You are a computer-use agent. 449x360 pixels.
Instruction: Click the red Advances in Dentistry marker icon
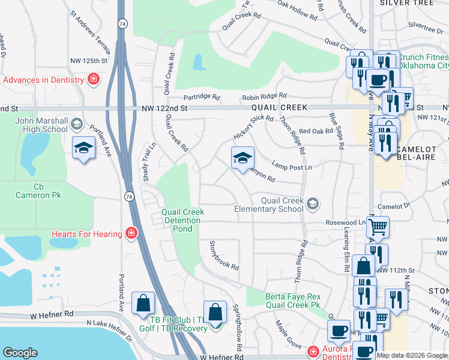pos(94,80)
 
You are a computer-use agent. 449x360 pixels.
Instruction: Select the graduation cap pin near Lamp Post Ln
pos(243,159)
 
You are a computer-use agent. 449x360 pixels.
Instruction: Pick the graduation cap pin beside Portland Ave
pos(84,148)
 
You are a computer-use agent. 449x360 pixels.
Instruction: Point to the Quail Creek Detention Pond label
pos(183,220)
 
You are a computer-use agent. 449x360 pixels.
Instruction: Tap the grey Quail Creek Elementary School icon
pos(312,205)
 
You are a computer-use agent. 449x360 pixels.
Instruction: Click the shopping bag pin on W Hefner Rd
pos(143,304)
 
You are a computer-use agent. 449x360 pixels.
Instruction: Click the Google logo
pos(20,353)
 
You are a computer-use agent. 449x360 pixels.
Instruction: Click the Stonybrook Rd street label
pos(224,255)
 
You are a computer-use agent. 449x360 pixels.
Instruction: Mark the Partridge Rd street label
pos(202,97)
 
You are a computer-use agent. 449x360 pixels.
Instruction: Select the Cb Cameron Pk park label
pos(39,191)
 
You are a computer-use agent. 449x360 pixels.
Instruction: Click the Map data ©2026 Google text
pos(412,355)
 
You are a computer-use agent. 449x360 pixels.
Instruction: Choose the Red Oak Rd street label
pos(316,131)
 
